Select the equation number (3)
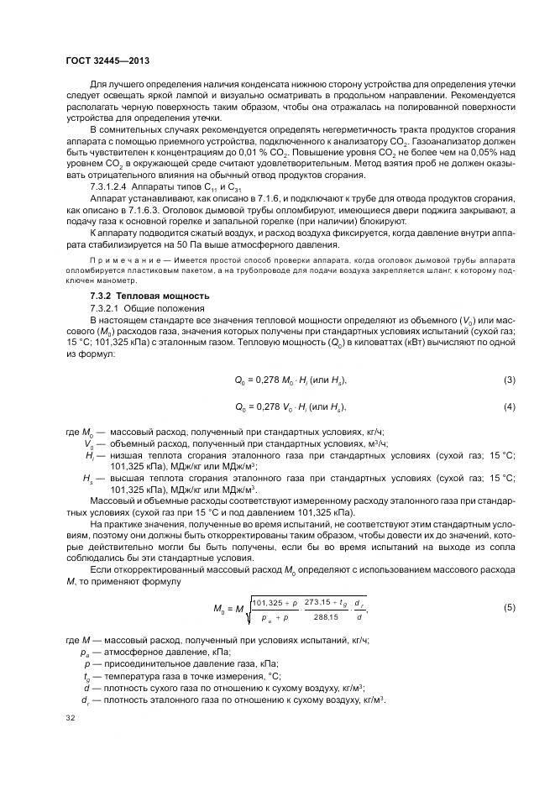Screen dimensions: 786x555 click(509, 380)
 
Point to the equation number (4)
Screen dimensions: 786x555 click(509, 407)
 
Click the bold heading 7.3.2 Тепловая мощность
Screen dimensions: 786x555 click(138, 296)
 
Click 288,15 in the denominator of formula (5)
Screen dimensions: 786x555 click(325, 616)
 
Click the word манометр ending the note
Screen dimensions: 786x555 click(112, 281)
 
